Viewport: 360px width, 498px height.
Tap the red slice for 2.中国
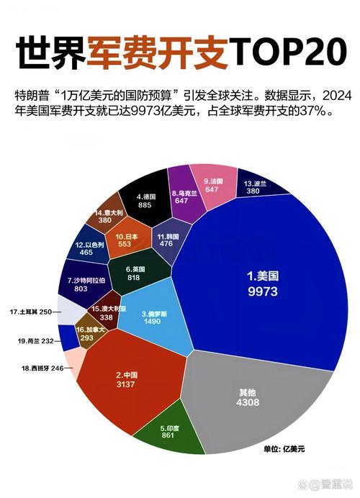[x=126, y=381]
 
